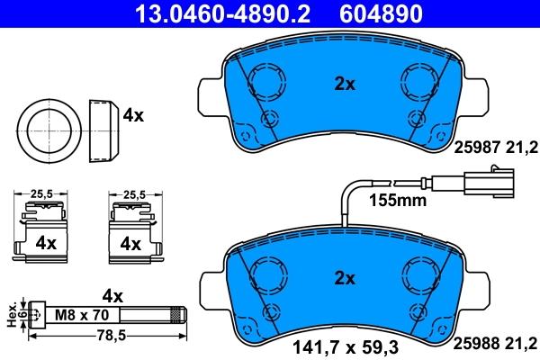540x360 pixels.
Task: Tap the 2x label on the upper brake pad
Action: point(345,84)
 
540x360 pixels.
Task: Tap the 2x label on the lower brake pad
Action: point(345,276)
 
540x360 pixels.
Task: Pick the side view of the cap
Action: point(103,128)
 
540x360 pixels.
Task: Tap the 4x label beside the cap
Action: point(133,115)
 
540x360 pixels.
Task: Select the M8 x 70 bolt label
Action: point(81,315)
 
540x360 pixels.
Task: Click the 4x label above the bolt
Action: point(112,294)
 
